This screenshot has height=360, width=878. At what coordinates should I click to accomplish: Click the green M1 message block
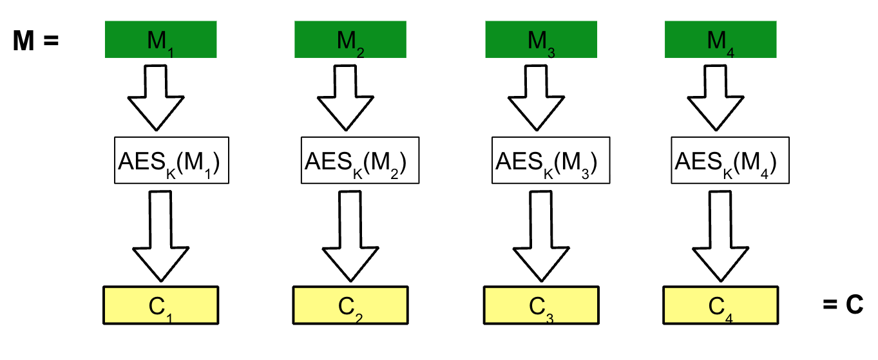click(x=160, y=40)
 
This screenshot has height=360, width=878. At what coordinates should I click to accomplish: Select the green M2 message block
click(x=350, y=40)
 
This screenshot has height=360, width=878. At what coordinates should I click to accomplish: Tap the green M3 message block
click(x=540, y=40)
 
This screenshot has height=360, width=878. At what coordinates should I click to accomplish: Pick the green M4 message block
click(x=720, y=40)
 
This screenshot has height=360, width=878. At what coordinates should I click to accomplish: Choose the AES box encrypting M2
click(x=354, y=160)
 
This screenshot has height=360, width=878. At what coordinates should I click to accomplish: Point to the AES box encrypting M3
click(x=546, y=160)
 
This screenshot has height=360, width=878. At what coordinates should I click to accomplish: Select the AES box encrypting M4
click(x=724, y=160)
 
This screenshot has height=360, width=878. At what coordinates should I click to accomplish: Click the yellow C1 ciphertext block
click(x=161, y=305)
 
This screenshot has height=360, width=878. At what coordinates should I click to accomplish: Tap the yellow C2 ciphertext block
click(x=350, y=305)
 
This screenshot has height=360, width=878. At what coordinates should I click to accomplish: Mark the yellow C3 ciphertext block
click(x=541, y=305)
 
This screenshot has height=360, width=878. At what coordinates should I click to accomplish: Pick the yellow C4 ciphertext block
click(x=720, y=305)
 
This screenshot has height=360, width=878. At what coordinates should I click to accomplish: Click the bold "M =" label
click(x=36, y=42)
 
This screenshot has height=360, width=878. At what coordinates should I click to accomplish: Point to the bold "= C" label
click(x=843, y=305)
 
